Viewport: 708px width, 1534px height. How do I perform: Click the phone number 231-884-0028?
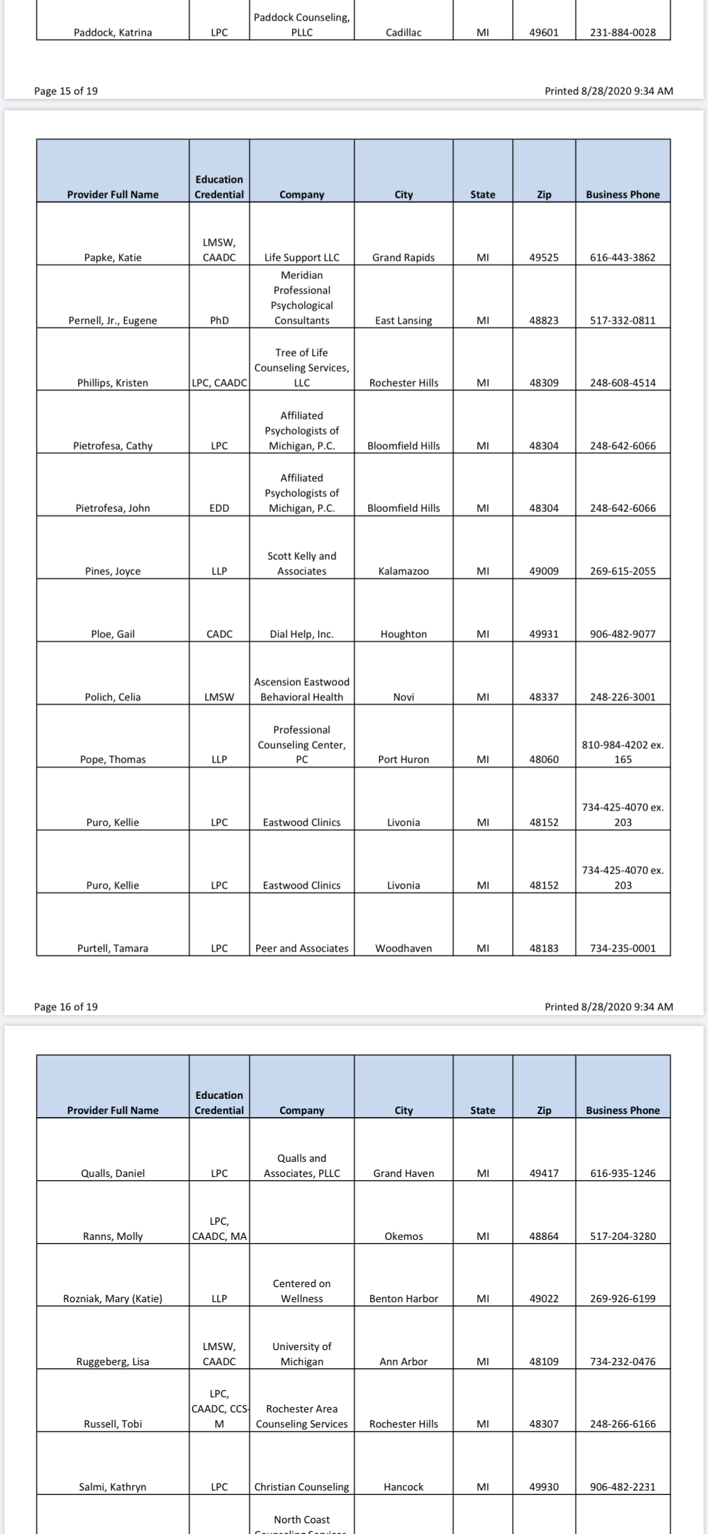[622, 33]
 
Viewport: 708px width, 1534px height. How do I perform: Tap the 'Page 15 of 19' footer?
[66, 91]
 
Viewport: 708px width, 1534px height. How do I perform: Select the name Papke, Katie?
[113, 258]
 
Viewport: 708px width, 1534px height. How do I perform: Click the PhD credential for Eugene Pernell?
[219, 321]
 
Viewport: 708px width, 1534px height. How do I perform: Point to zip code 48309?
[544, 383]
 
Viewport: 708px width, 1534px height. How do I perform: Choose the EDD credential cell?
[219, 508]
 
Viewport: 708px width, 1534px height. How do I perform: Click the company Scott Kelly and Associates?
[301, 564]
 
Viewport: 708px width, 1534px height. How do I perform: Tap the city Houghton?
[403, 634]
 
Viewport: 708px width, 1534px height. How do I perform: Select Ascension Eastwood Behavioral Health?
[301, 690]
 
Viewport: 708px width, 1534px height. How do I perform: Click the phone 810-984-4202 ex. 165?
[622, 752]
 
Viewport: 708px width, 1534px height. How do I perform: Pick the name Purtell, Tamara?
[113, 948]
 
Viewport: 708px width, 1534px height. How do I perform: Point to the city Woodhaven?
[403, 948]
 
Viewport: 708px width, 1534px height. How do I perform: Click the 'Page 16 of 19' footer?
[66, 1007]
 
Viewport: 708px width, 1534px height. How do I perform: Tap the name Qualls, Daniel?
[113, 1173]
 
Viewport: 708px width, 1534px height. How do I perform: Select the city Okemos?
[403, 1236]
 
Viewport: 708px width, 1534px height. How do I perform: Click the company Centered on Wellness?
[301, 1291]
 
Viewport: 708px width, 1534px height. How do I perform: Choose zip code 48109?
[544, 1361]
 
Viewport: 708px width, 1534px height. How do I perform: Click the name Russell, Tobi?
[113, 1424]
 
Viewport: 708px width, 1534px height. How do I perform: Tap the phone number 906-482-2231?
[622, 1487]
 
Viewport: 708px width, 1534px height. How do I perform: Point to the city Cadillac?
[403, 33]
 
